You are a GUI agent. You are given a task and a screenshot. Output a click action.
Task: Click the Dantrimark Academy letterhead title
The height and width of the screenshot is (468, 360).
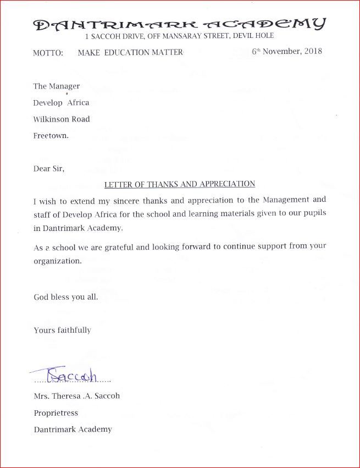[180, 24]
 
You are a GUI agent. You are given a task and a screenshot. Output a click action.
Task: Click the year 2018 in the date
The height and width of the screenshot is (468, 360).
[312, 52]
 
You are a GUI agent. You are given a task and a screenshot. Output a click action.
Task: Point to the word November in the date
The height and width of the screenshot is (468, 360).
[281, 52]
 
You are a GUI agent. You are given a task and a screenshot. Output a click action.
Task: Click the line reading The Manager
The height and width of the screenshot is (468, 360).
[57, 86]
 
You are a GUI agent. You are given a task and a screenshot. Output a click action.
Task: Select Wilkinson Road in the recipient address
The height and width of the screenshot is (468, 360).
[62, 119]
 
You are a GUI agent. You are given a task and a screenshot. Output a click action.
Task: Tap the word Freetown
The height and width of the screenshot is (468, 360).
[51, 136]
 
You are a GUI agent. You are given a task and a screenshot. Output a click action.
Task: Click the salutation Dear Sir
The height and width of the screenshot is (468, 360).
[49, 169]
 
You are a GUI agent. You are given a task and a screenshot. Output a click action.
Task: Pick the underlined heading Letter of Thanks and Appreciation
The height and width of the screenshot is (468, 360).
[180, 184]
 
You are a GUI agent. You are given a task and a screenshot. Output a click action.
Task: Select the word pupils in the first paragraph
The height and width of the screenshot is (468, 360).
[314, 213]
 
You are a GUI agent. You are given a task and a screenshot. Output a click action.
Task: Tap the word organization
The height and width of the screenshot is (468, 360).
[58, 261]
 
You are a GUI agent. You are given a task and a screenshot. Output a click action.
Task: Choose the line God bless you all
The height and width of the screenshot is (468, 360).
[66, 297]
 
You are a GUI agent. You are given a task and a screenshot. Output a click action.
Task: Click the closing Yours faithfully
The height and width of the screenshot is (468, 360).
[62, 331]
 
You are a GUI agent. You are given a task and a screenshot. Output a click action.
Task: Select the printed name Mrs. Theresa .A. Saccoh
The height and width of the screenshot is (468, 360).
[76, 396]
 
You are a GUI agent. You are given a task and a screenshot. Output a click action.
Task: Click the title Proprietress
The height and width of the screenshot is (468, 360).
[56, 413]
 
